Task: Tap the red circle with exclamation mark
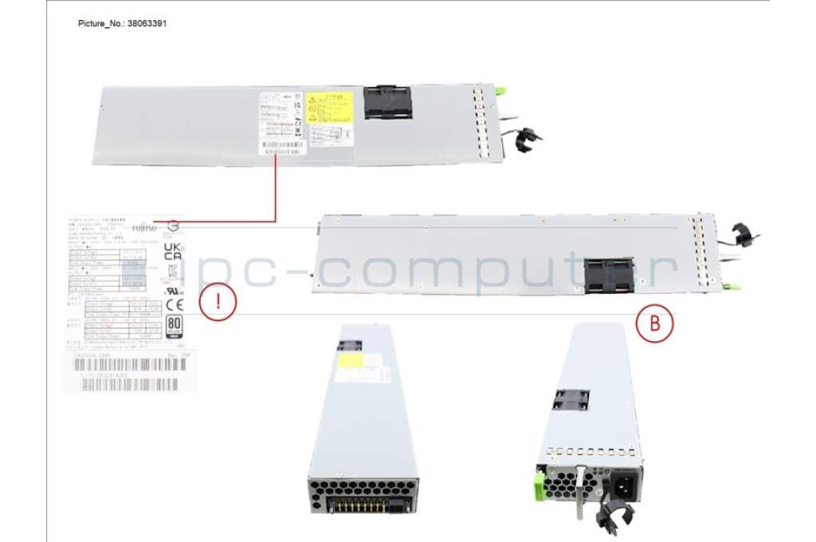pyautogui.click(x=216, y=304)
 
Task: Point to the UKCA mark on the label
pyautogui.click(x=172, y=252)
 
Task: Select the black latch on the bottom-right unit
pyautogui.click(x=571, y=399)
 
